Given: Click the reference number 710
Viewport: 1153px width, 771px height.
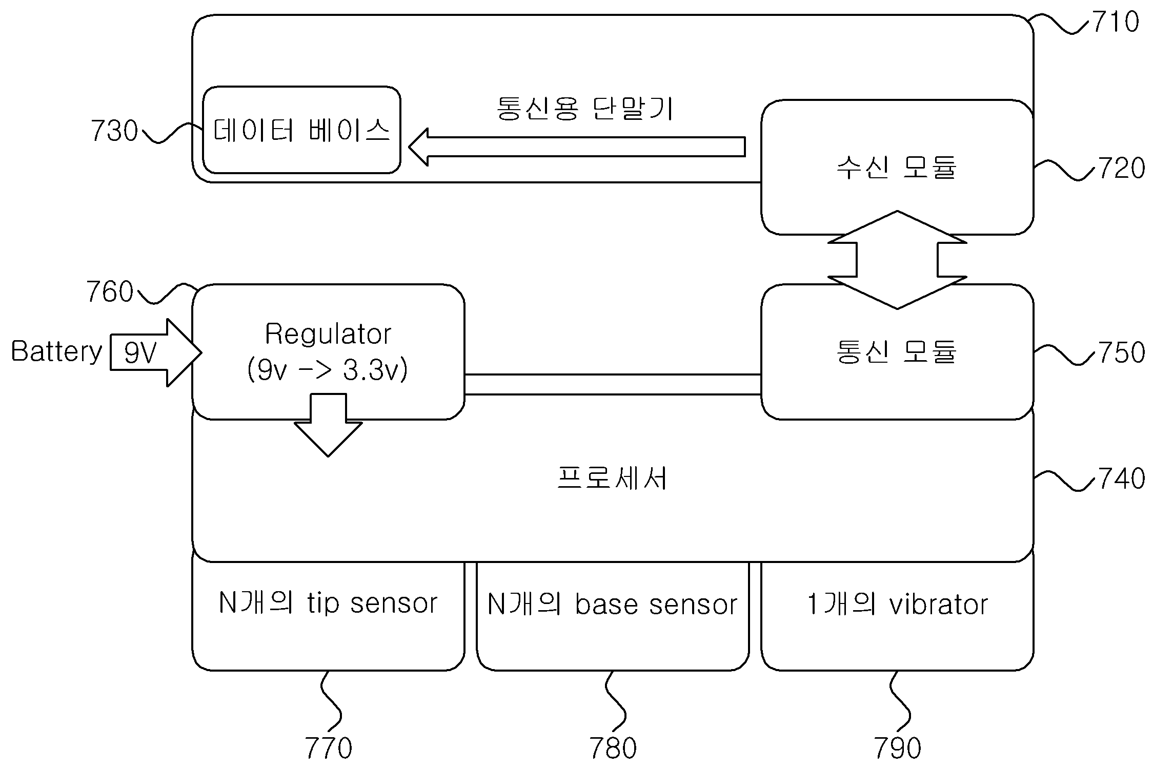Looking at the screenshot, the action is click(x=1116, y=23).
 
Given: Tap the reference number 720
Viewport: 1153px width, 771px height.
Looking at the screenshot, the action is click(x=1121, y=169).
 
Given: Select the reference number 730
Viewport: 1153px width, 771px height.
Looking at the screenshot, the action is click(x=114, y=131).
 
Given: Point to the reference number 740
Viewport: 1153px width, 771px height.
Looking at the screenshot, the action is click(x=1121, y=478).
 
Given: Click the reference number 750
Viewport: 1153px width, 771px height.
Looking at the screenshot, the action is click(x=1121, y=352).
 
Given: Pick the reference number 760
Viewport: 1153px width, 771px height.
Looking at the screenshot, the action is click(x=110, y=292).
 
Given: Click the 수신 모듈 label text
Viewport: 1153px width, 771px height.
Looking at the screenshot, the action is click(x=897, y=168).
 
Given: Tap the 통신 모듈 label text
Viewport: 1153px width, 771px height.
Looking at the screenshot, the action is click(x=897, y=352).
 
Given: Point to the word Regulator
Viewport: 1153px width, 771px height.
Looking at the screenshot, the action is click(x=328, y=335).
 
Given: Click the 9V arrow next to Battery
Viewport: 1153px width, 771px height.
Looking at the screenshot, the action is click(x=156, y=352).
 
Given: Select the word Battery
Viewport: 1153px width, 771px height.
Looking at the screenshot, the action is click(x=56, y=352).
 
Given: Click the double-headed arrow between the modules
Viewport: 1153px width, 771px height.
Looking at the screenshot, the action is click(x=897, y=260).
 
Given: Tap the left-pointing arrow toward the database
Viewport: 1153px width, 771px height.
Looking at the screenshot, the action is click(x=577, y=147).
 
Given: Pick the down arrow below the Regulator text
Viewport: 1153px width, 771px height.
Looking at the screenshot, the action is click(x=328, y=425).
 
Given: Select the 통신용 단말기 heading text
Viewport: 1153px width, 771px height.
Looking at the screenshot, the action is click(x=585, y=109).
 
